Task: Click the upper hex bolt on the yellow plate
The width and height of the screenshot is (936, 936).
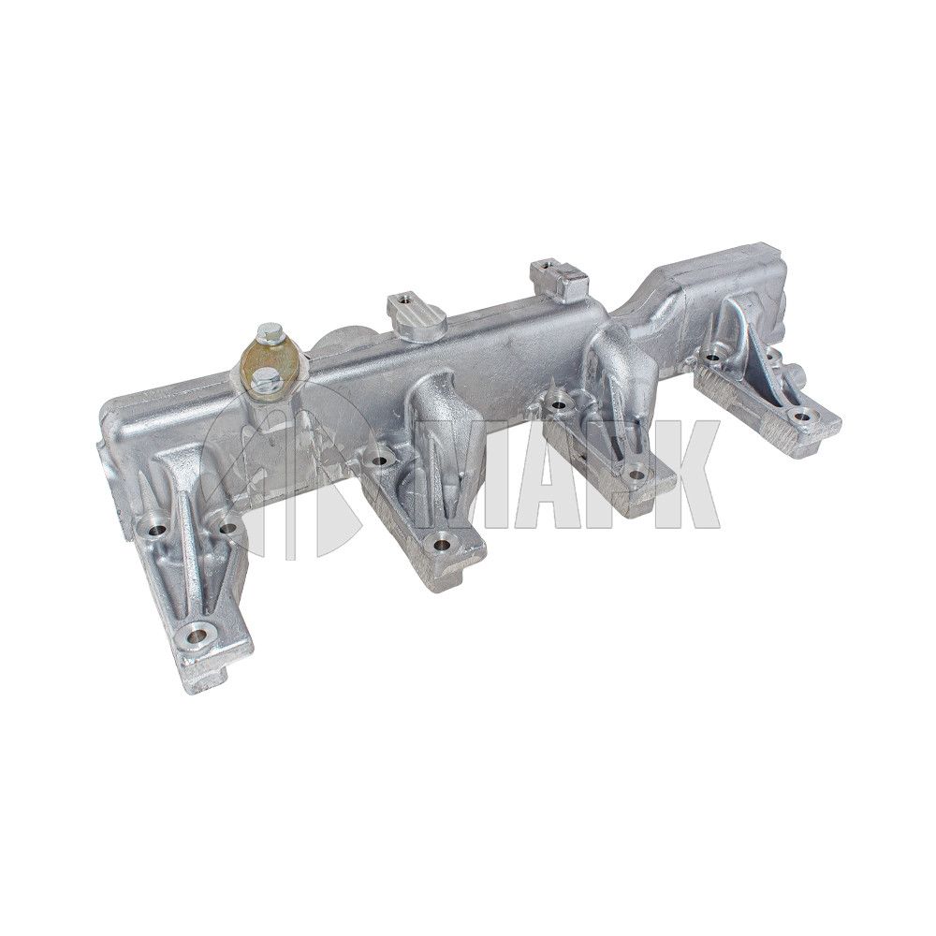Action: (268, 335)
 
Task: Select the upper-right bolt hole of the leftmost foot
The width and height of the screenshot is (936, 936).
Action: (228, 527)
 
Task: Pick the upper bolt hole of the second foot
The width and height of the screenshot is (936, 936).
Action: (378, 460)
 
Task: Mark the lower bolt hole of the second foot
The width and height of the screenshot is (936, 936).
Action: (443, 544)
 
